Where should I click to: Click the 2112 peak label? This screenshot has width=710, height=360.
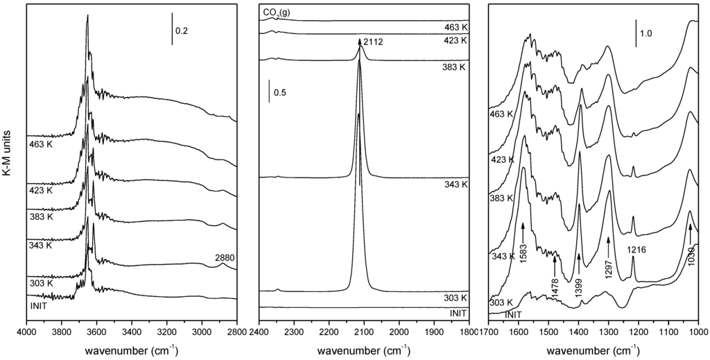point(373,43)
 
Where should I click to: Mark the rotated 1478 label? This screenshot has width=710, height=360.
point(555,285)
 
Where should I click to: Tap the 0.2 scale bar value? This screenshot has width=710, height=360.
point(182,31)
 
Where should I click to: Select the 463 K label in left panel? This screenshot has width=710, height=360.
point(41,146)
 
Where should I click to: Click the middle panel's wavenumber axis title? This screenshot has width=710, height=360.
point(363,350)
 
